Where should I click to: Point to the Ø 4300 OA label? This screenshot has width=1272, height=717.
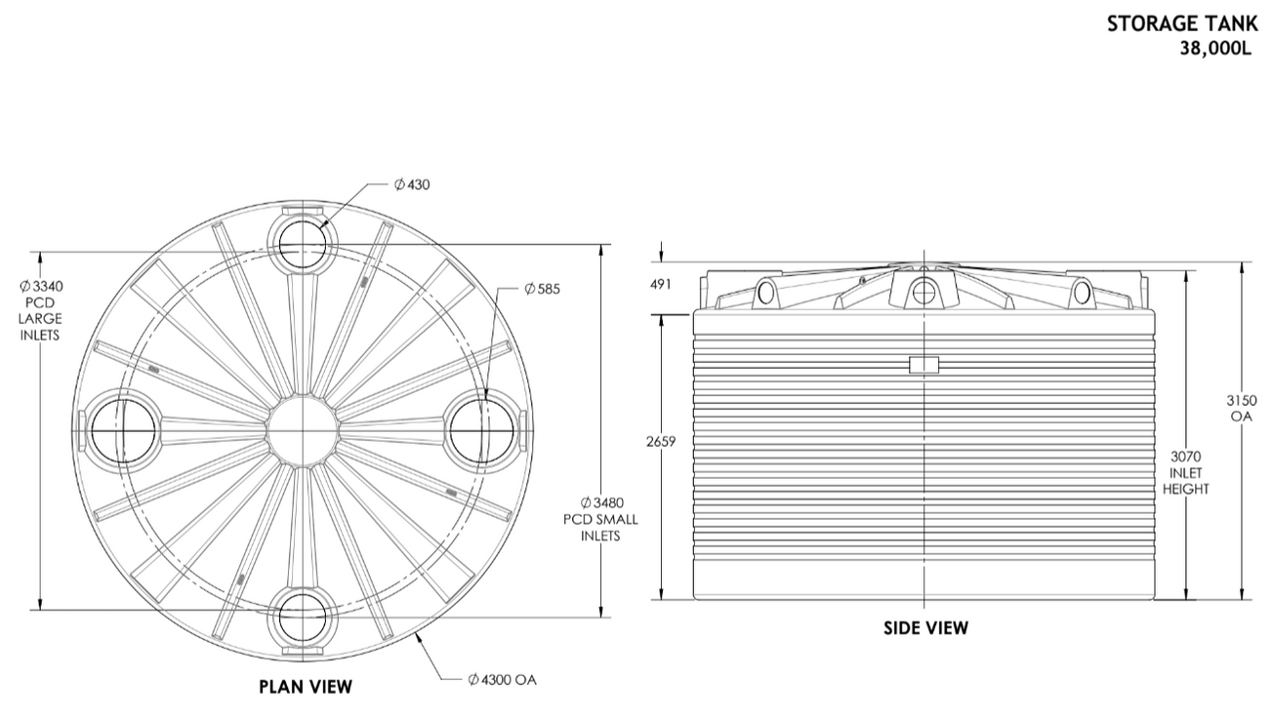pyautogui.click(x=503, y=678)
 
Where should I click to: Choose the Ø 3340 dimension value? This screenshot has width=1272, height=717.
pyautogui.click(x=40, y=287)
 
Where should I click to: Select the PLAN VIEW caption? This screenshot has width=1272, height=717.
pyautogui.click(x=305, y=687)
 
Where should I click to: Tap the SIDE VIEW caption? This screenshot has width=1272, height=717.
pyautogui.click(x=925, y=628)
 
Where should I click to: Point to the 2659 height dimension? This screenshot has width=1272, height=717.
pyautogui.click(x=661, y=442)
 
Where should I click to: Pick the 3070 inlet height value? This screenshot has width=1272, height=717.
pyautogui.click(x=1185, y=457)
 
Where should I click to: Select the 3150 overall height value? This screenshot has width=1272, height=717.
pyautogui.click(x=1241, y=400)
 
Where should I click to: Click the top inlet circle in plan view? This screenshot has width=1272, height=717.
pyautogui.click(x=303, y=244)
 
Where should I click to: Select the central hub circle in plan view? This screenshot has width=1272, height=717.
pyautogui.click(x=303, y=429)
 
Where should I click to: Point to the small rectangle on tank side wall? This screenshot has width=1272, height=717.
pyautogui.click(x=923, y=365)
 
